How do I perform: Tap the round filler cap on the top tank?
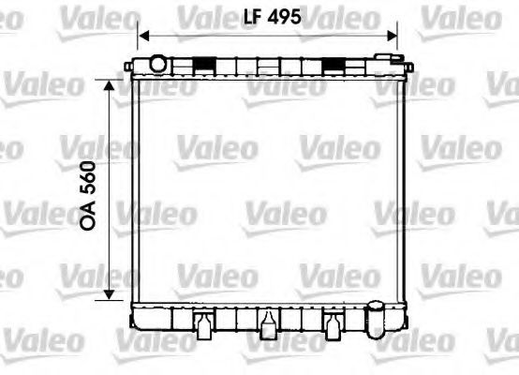[x=157, y=63]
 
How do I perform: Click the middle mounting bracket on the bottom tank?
[x=269, y=322]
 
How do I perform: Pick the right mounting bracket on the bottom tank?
[x=333, y=322]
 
